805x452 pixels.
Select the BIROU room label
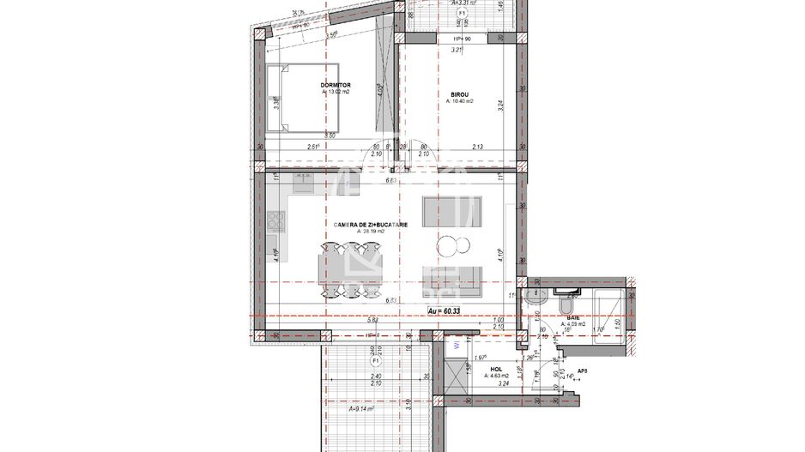[x=463, y=93]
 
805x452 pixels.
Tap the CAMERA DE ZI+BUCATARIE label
[x=371, y=225]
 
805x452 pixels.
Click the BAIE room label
[x=572, y=318]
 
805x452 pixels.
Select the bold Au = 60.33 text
[x=445, y=310]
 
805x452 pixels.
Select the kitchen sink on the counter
[x=303, y=182]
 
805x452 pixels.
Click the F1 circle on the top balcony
[x=462, y=15]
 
